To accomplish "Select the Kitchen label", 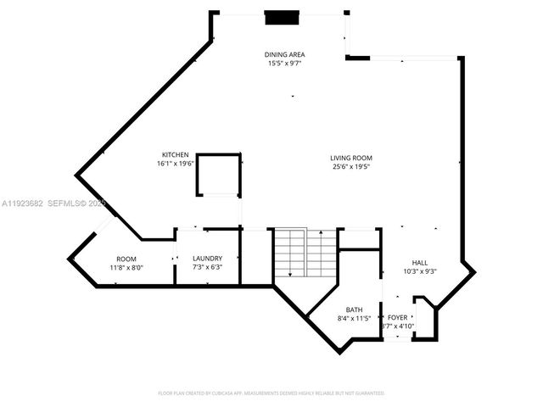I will (176, 155).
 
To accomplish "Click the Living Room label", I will (351, 158).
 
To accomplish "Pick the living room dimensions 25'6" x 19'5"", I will (351, 167).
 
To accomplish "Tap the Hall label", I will (420, 263).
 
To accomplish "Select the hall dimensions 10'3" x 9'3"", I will (420, 272).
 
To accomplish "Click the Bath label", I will (355, 309).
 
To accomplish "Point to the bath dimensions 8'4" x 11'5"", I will (355, 319).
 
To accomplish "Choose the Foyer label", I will (397, 317).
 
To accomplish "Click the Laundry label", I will (207, 259).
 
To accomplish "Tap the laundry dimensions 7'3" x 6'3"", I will (207, 268).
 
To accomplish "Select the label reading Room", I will (126, 259).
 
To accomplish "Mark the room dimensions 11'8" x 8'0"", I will (126, 268).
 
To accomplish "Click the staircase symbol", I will (305, 252).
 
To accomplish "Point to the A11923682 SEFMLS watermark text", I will (53, 203).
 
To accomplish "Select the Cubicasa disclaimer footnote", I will (271, 393).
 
